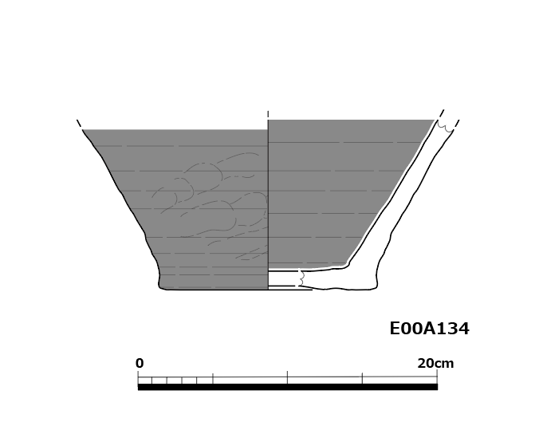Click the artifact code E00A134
click(x=430, y=329)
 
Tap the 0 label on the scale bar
click(x=140, y=363)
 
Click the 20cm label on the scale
click(x=435, y=363)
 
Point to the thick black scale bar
click(x=287, y=387)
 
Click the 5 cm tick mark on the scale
click(x=213, y=378)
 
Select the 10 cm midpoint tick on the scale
click(x=287, y=377)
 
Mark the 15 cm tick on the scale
click(x=362, y=378)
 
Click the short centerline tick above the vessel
click(x=268, y=114)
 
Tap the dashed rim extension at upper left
click(x=79, y=124)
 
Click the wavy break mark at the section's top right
click(x=445, y=127)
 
